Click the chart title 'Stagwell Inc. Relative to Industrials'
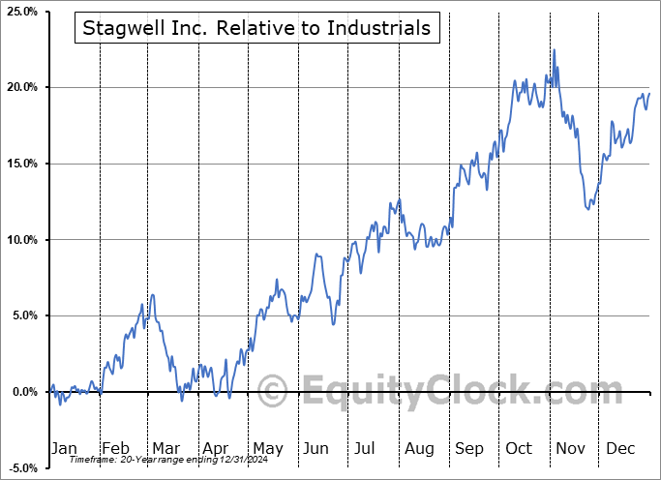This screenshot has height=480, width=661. pyautogui.click(x=256, y=28)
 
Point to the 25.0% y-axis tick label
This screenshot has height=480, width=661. pyautogui.click(x=22, y=12)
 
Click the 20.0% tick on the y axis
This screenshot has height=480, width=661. pyautogui.click(x=22, y=87)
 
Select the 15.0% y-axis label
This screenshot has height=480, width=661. pyautogui.click(x=22, y=164)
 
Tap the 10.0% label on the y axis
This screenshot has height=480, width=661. pyautogui.click(x=22, y=240)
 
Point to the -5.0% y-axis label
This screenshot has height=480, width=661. pyautogui.click(x=23, y=468)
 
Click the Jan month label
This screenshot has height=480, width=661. pyautogui.click(x=64, y=449)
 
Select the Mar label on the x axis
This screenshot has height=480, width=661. pyautogui.click(x=165, y=449)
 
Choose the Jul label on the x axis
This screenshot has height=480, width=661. pyautogui.click(x=366, y=449)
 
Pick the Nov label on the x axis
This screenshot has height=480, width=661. pyautogui.click(x=571, y=449)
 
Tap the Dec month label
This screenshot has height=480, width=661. pyautogui.click(x=621, y=449)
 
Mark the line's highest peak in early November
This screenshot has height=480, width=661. pyautogui.click(x=555, y=50)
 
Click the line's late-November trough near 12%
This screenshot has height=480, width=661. pyautogui.click(x=588, y=208)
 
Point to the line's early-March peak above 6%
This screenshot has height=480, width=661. pyautogui.click(x=153, y=294)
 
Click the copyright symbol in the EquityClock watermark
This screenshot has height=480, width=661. pyautogui.click(x=273, y=391)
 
